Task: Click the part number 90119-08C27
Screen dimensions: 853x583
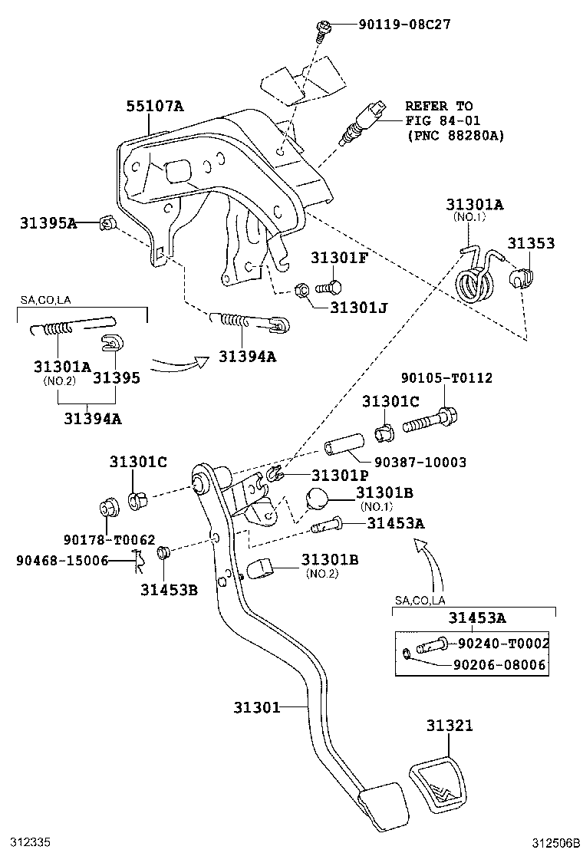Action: (x=403, y=25)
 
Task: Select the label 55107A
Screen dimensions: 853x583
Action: (x=155, y=106)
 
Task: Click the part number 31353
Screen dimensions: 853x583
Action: (x=531, y=243)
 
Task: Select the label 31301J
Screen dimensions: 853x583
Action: (x=359, y=308)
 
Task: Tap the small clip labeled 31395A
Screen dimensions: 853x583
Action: (x=107, y=224)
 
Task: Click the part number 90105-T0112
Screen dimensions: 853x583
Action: (x=457, y=378)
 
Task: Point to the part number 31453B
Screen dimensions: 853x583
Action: (x=169, y=589)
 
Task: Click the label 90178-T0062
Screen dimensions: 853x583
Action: (x=116, y=539)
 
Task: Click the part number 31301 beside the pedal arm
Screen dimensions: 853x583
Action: (x=257, y=706)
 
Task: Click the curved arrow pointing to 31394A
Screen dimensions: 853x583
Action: (x=181, y=361)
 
